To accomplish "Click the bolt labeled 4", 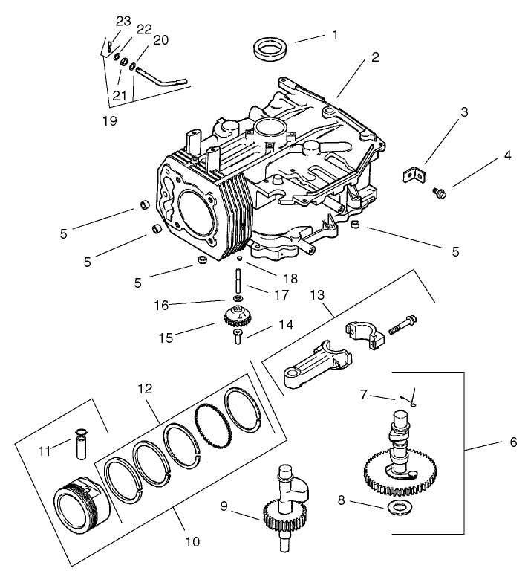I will (439, 193).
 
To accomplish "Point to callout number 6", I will (512, 442).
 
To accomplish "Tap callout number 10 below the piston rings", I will (192, 542).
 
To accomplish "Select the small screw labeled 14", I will (237, 338).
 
